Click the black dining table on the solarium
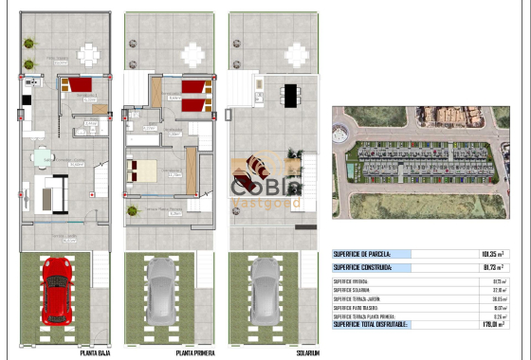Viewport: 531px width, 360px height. click(x=289, y=94)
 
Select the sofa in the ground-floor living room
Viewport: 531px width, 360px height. click(x=51, y=193)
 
